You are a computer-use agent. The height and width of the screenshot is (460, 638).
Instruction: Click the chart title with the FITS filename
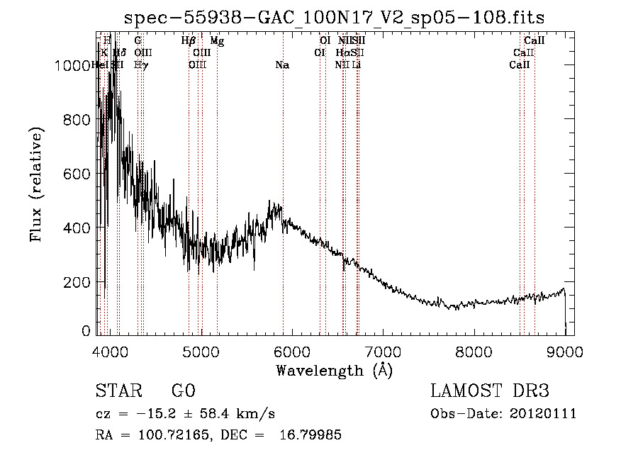pyautogui.click(x=335, y=18)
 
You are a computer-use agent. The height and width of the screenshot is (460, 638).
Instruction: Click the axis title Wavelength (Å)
pyautogui.click(x=334, y=370)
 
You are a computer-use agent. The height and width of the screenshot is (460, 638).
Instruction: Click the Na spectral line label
pyautogui.click(x=282, y=65)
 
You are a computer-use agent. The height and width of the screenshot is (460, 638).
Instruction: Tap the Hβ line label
pyautogui.click(x=189, y=41)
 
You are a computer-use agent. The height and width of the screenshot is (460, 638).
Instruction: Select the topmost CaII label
pyautogui.click(x=534, y=41)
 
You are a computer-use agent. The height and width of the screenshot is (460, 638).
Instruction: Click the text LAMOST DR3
pyautogui.click(x=490, y=391)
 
